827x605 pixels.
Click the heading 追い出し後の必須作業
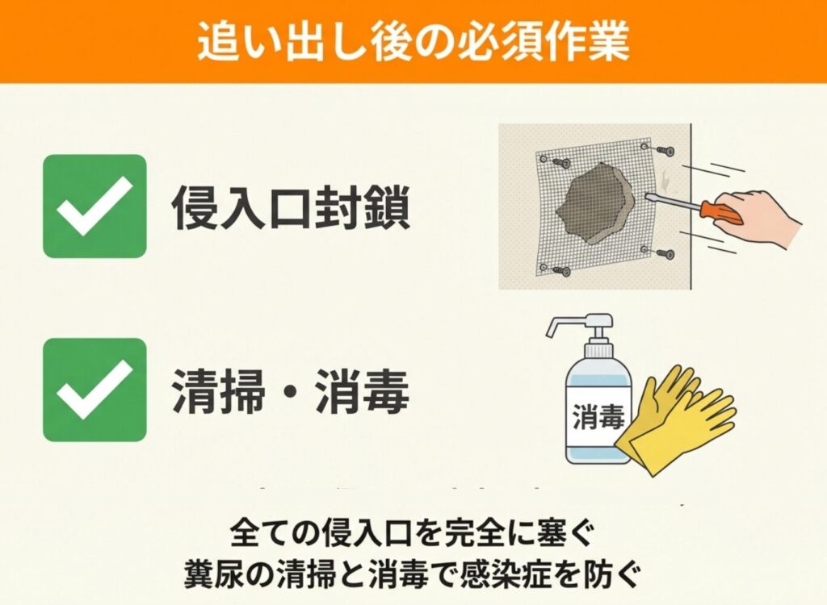tap(413, 41)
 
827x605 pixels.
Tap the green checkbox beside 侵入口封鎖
tap(94, 206)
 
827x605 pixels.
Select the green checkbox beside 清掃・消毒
tap(94, 390)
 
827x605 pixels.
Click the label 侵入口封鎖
tap(291, 207)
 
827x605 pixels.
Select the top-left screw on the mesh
tap(560, 162)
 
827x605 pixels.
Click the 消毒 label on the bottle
tap(598, 416)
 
